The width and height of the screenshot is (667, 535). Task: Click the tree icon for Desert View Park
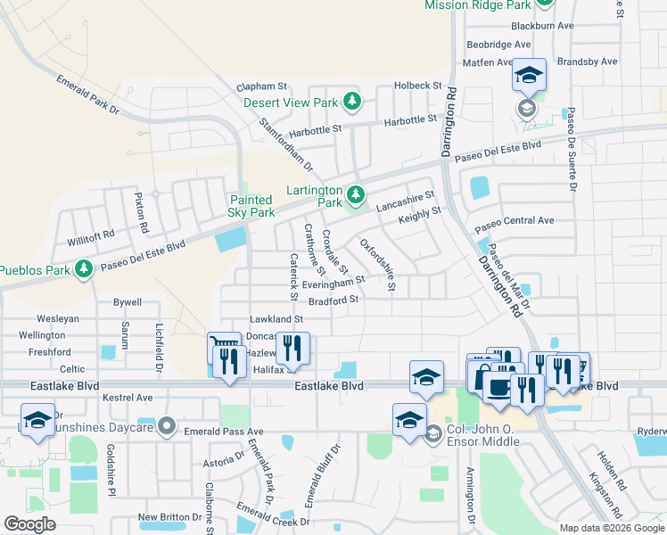[352, 102]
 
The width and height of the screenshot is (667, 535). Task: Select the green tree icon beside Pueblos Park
[84, 268]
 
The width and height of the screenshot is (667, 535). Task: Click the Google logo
[30, 524]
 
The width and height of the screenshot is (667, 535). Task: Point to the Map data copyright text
[611, 528]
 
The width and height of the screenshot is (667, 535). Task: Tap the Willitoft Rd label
[91, 239]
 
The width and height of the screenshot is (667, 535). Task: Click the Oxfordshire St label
[377, 265]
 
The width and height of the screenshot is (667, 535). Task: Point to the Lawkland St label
[276, 318]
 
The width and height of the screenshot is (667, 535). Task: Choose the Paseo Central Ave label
[515, 220]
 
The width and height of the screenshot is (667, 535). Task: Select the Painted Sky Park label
[251, 206]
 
